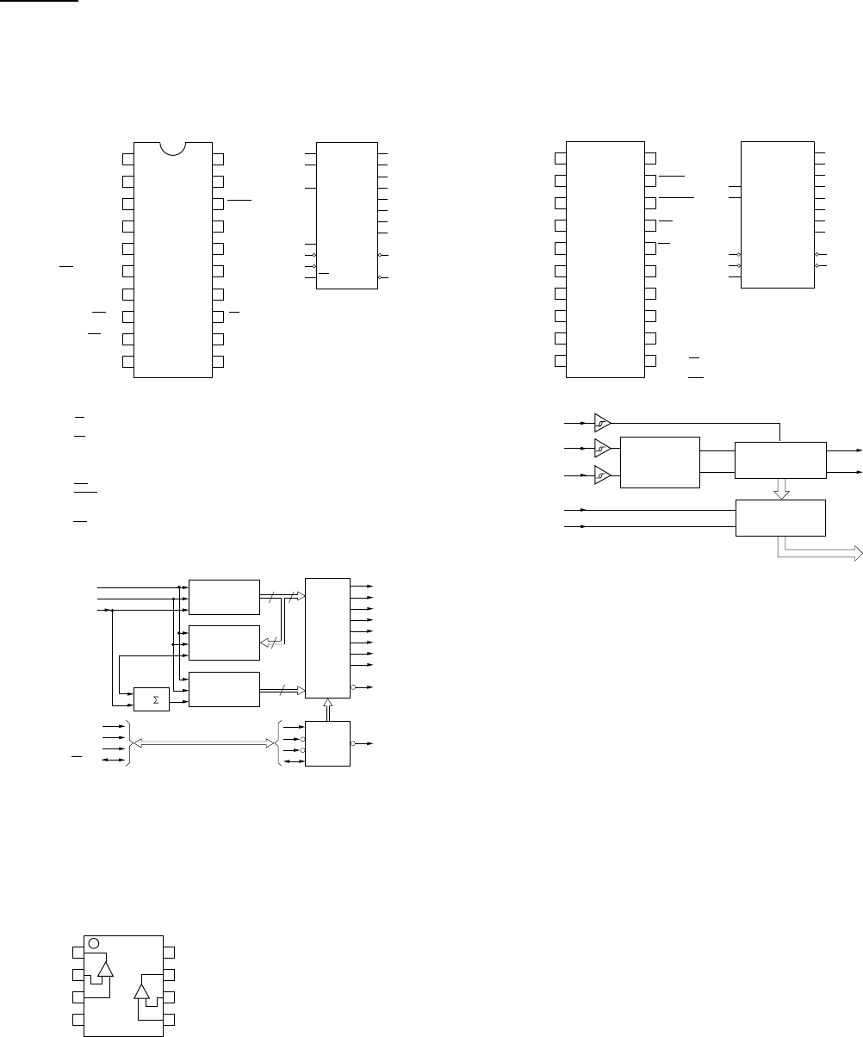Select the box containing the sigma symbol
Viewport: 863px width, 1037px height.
click(x=152, y=699)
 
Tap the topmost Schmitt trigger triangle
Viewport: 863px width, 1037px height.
click(x=602, y=423)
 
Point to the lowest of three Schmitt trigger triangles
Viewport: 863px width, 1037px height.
click(x=602, y=475)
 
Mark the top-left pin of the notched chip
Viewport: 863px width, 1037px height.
click(x=128, y=158)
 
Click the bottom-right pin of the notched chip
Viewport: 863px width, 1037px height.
click(x=219, y=361)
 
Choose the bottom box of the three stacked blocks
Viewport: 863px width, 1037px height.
click(x=224, y=689)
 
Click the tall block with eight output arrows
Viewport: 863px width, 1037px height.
click(x=327, y=637)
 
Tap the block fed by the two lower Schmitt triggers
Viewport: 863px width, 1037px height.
click(x=660, y=462)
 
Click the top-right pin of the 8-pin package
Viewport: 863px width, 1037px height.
click(x=170, y=952)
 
